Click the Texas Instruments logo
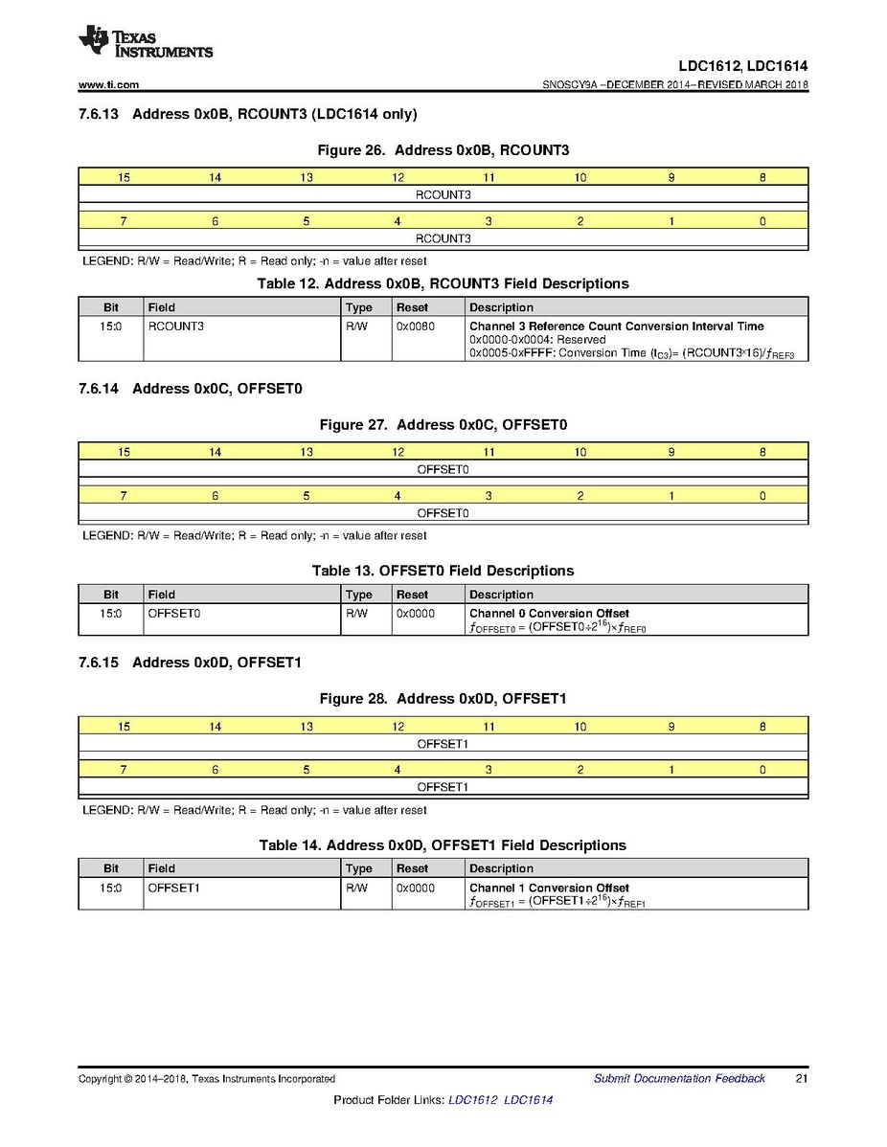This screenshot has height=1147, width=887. pos(146,41)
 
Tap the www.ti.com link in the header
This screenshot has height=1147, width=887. pos(108,85)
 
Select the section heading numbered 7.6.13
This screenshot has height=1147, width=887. pos(248,115)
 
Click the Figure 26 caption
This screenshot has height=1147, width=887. pos(443,150)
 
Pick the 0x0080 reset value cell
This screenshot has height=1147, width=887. pos(414,326)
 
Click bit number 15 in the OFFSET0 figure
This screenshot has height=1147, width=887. pos(124,452)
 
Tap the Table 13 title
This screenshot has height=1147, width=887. pos(443,571)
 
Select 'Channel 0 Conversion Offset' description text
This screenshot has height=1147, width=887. pos(549,614)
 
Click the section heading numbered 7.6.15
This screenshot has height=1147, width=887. pos(192,663)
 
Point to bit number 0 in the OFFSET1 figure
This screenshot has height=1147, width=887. pos(762,770)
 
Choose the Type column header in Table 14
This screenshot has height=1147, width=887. pos(358,868)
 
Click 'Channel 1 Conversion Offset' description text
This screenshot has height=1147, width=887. pos(549,888)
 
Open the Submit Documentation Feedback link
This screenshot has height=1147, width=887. pos(679,1079)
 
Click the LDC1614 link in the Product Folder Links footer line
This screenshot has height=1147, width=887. pos(528,1100)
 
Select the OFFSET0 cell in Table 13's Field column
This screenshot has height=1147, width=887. pos(173,614)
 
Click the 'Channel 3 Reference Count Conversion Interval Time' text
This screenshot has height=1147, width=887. pos(616,326)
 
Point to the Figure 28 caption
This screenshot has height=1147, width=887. pos(443,699)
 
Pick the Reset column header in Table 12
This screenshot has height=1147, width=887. pos(413,307)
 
